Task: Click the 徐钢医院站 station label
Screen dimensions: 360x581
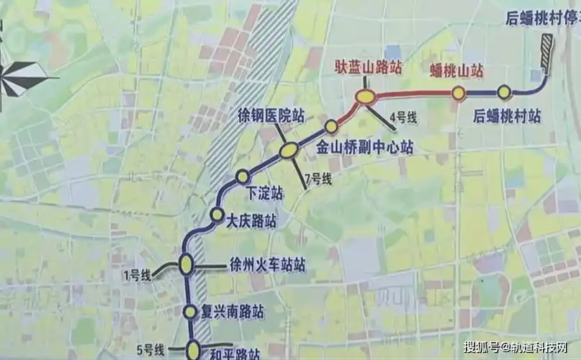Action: tap(271, 115)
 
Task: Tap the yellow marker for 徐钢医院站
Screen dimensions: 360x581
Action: tap(289, 150)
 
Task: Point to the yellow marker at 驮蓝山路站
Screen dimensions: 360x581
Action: tap(366, 96)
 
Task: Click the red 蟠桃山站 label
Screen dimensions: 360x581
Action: tap(456, 71)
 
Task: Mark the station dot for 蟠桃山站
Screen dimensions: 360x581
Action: tap(457, 92)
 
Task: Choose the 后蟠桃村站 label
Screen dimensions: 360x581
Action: tap(508, 114)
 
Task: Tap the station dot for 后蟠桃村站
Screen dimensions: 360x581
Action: tap(504, 91)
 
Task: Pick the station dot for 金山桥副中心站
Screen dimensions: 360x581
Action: tap(331, 127)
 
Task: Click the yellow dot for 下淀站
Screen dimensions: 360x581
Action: tap(243, 176)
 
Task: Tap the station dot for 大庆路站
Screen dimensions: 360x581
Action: tap(216, 214)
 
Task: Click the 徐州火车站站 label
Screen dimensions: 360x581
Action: tap(266, 265)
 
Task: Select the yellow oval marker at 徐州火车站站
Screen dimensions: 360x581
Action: tap(186, 265)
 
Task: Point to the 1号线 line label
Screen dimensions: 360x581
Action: tap(136, 274)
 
